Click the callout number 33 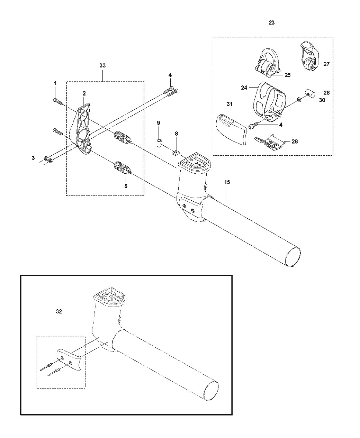point(102,65)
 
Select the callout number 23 point(271,22)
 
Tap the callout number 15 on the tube point(227,182)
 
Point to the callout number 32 point(59,317)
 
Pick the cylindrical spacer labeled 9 point(159,143)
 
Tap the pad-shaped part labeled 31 point(231,129)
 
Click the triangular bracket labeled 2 point(82,129)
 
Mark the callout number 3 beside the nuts point(33,158)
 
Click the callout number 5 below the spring point(126,186)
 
